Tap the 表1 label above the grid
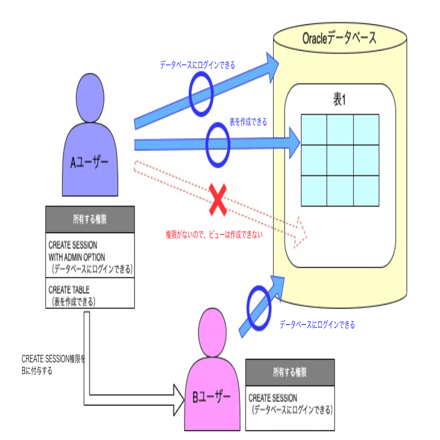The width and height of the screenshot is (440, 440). [x=339, y=100]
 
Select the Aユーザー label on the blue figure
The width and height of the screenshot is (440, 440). [x=90, y=163]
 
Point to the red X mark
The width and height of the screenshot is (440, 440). [x=218, y=200]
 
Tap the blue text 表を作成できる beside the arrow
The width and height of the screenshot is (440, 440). [x=248, y=122]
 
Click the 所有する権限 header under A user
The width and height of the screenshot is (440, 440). [x=90, y=219]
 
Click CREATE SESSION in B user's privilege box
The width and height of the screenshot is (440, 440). [x=273, y=399]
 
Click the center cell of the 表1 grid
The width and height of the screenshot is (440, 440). [x=339, y=160]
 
